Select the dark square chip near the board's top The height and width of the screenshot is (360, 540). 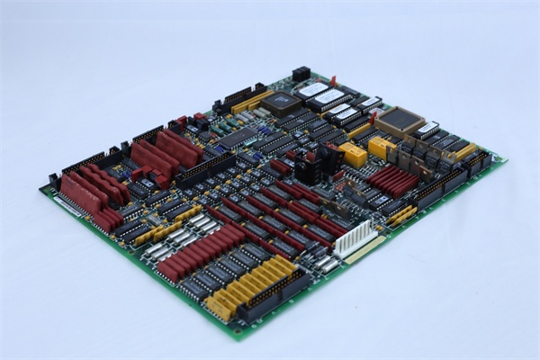click(281, 101)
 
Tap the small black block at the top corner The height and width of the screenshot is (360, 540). click(301, 73)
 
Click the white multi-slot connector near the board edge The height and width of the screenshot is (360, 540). click(353, 238)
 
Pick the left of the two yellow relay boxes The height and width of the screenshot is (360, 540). click(353, 155)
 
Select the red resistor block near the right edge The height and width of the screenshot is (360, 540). click(393, 179)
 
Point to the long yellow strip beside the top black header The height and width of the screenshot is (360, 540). click(252, 101)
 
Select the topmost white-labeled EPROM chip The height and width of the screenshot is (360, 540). click(312, 88)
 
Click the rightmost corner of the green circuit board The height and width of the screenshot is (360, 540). click(505, 163)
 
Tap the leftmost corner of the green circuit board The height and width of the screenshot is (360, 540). click(40, 189)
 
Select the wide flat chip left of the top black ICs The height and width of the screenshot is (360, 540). click(239, 138)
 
